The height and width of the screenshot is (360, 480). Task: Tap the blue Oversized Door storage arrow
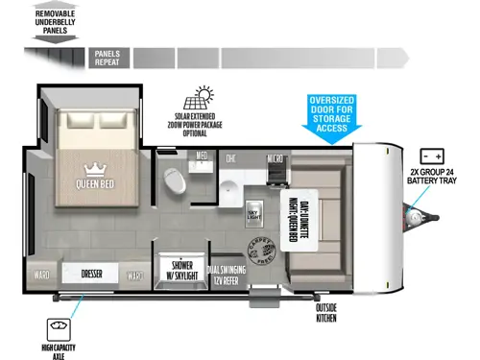click(332, 117)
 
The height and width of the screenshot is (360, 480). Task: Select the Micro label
click(275, 157)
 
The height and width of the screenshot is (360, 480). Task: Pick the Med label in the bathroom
click(203, 155)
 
